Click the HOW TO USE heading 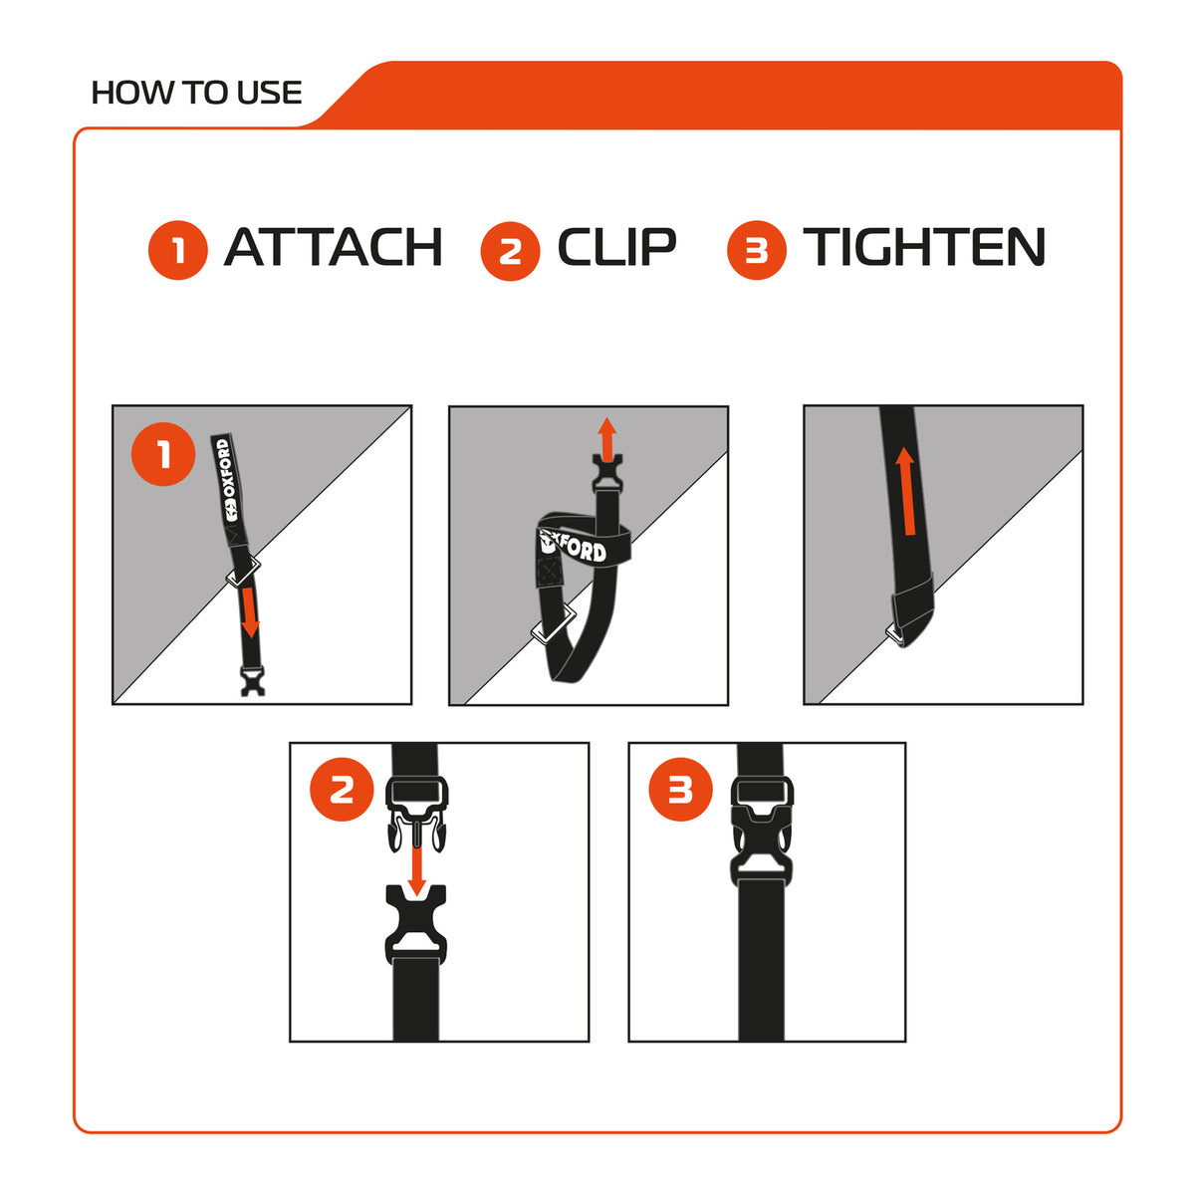pyautogui.click(x=196, y=93)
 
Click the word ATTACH pyautogui.click(x=333, y=247)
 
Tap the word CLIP pyautogui.click(x=616, y=247)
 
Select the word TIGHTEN pyautogui.click(x=924, y=247)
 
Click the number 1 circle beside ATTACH pyautogui.click(x=178, y=250)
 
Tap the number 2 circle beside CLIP pyautogui.click(x=511, y=251)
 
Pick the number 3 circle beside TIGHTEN pyautogui.click(x=757, y=250)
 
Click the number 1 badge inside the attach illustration pyautogui.click(x=163, y=454)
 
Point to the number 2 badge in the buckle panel pyautogui.click(x=342, y=790)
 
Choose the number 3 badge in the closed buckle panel pyautogui.click(x=680, y=790)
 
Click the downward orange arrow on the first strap pyautogui.click(x=249, y=612)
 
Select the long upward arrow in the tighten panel pyautogui.click(x=906, y=491)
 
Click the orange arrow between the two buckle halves pyautogui.click(x=416, y=870)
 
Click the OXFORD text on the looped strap pyautogui.click(x=575, y=546)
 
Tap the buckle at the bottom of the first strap pyautogui.click(x=253, y=681)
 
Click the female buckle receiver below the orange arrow pyautogui.click(x=416, y=924)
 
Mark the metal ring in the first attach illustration pyautogui.click(x=242, y=571)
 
